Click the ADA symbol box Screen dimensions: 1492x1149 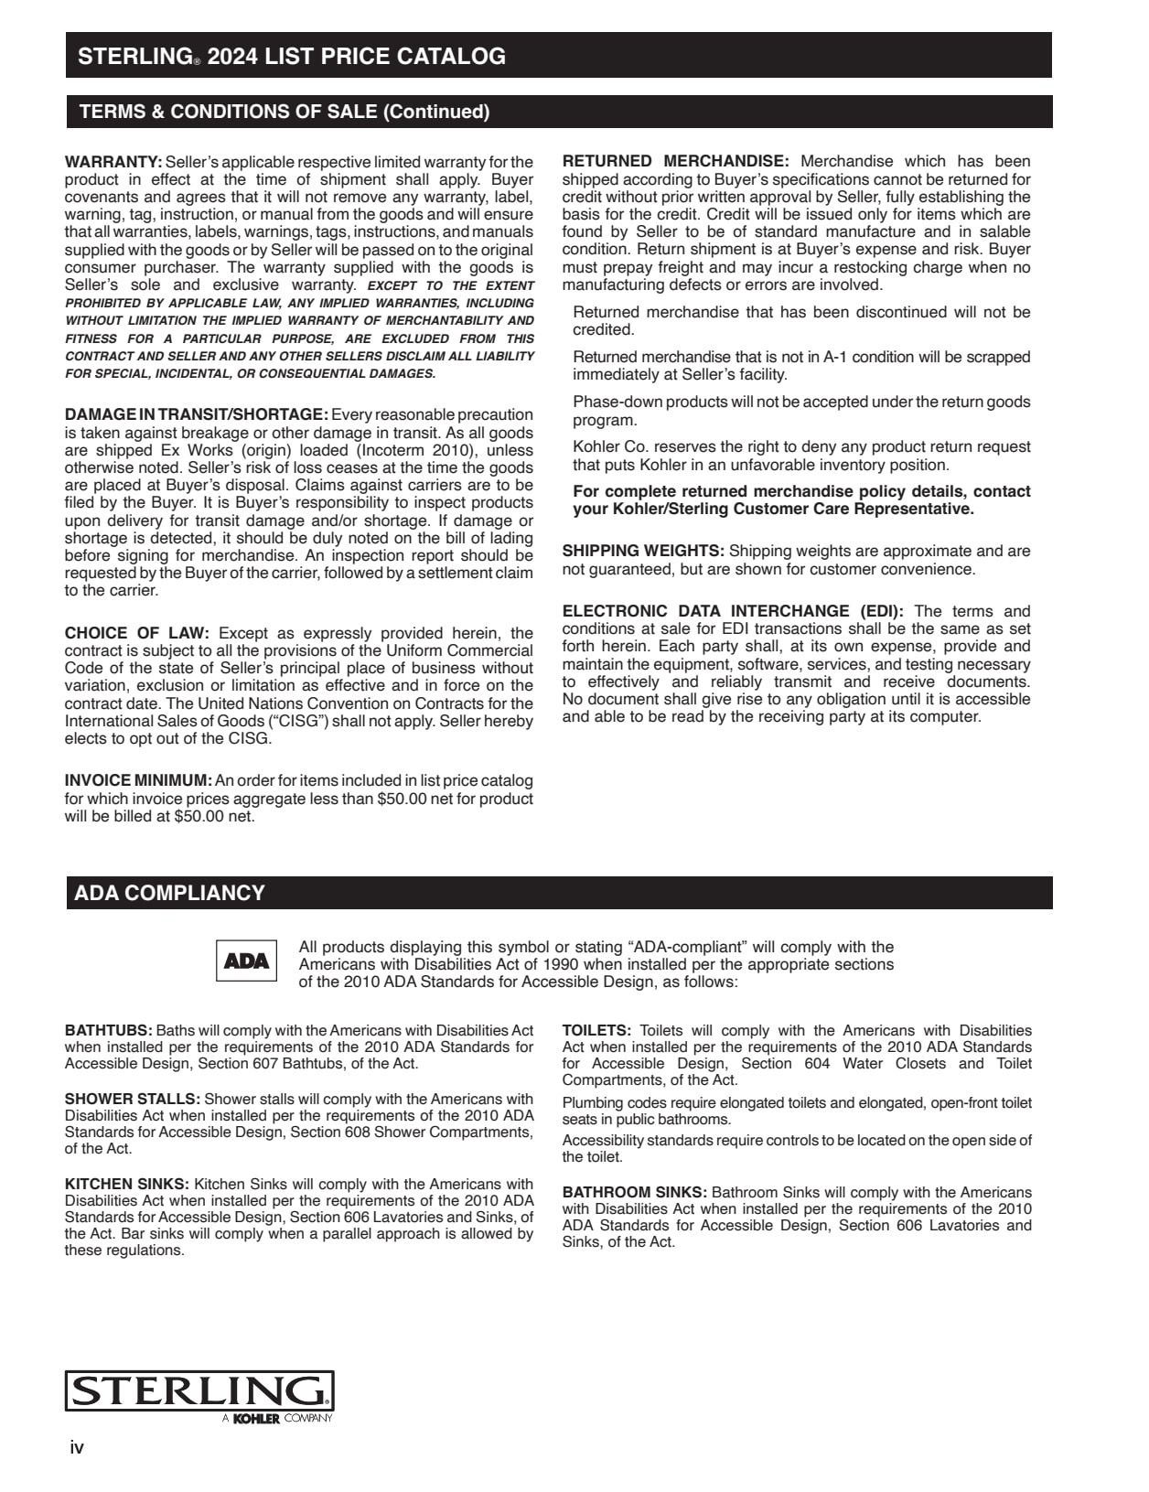[246, 961]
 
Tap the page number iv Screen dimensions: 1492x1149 [77, 1447]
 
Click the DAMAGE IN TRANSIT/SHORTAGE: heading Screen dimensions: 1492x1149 [196, 414]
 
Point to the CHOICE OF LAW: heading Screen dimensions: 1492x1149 [137, 633]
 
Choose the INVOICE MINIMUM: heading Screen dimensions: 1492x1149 [138, 780]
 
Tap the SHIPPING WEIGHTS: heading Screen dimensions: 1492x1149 [643, 551]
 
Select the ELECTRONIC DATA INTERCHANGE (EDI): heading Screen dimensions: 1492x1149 [733, 611]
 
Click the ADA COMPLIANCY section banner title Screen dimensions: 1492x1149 [170, 893]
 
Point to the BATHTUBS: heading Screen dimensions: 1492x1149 [108, 1030]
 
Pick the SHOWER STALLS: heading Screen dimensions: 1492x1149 [132, 1099]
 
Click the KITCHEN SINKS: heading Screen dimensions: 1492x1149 [127, 1184]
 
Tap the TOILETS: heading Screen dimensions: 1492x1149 [596, 1030]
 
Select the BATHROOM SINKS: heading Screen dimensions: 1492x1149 [634, 1192]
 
